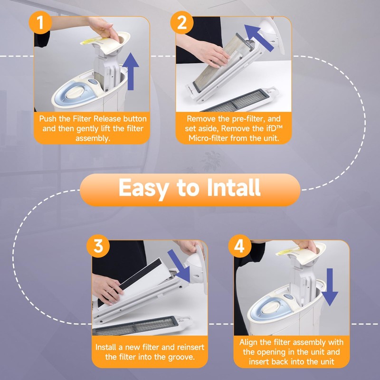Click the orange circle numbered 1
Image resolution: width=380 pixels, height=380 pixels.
coord(40,22)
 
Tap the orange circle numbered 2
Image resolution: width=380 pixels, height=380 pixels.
coord(182,22)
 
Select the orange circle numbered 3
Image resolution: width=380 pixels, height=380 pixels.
coord(98,246)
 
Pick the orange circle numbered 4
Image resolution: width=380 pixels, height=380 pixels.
coord(240,246)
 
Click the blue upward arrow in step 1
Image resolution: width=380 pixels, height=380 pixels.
coord(131,71)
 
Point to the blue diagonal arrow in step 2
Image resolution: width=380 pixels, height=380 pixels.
coord(258,38)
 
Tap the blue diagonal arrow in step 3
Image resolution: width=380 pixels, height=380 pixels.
coord(179,266)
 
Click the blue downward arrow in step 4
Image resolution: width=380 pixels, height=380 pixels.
coord(330,287)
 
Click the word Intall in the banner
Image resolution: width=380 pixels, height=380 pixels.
coord(234,188)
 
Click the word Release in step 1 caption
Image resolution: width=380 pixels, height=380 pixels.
coord(107,119)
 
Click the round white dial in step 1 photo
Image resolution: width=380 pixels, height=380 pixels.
coord(75,92)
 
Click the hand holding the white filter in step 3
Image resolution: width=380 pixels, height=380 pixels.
coord(107,288)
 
